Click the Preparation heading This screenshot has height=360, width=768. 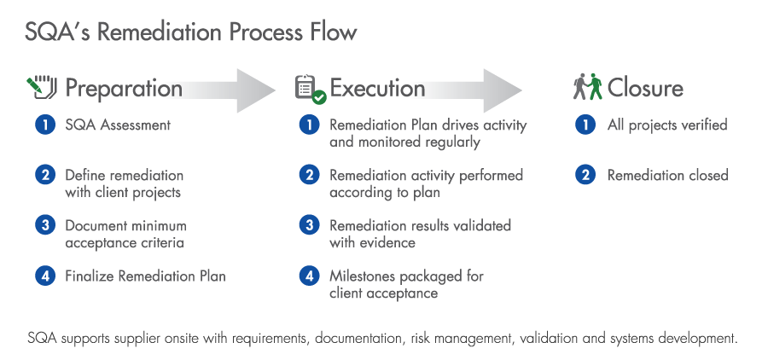(x=124, y=88)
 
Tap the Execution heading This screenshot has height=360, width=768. (x=377, y=88)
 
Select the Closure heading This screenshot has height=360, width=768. (x=645, y=88)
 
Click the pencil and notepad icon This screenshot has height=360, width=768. (x=42, y=87)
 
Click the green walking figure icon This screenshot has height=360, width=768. (x=595, y=87)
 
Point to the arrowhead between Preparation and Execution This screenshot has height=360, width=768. (x=256, y=90)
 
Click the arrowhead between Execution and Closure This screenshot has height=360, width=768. (x=503, y=90)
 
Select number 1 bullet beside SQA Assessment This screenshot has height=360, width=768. (x=45, y=125)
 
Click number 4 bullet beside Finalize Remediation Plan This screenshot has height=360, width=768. (x=45, y=276)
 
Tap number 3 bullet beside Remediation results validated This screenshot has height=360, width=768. (x=309, y=225)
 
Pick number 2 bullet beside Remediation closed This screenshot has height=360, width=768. (x=585, y=175)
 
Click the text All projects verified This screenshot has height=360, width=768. (x=667, y=125)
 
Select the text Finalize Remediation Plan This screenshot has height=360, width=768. (x=145, y=276)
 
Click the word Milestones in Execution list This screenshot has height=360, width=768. (x=363, y=276)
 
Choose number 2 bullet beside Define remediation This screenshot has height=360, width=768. (x=45, y=175)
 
